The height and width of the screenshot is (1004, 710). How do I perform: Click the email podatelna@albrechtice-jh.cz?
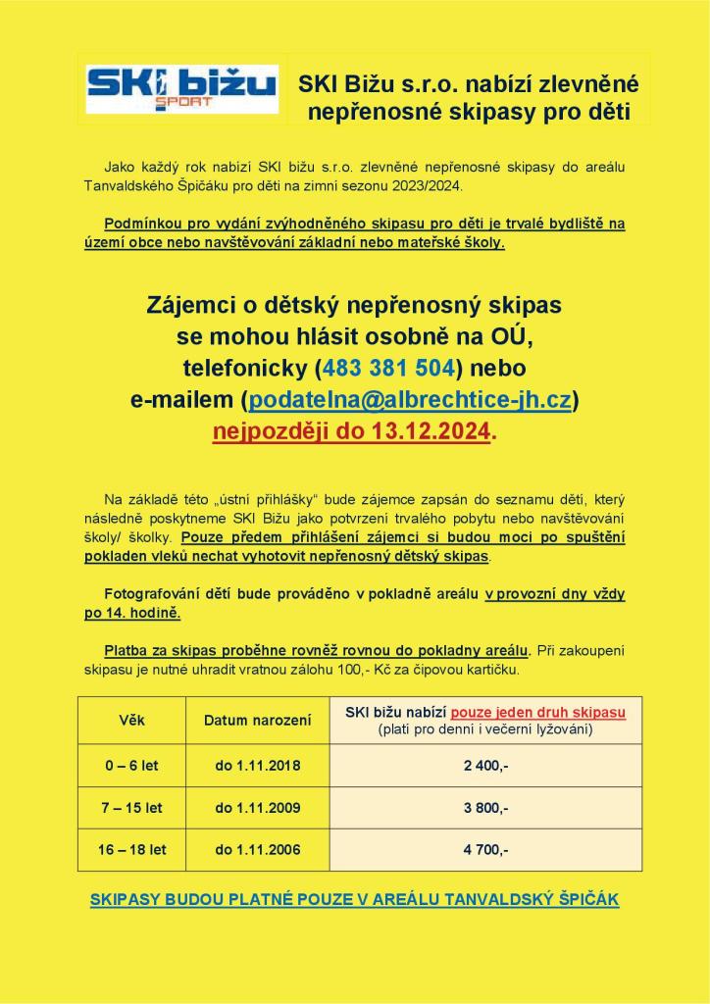[409, 400]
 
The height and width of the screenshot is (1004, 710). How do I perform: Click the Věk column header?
[131, 721]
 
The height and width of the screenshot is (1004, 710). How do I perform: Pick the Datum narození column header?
[257, 721]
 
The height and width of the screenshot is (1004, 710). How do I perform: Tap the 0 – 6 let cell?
[131, 766]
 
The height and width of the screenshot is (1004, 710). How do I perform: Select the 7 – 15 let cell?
[131, 808]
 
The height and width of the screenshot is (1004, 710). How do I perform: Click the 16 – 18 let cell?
[131, 849]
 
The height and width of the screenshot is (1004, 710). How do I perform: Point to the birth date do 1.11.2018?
[257, 766]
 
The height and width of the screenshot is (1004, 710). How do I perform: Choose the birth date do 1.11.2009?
[257, 808]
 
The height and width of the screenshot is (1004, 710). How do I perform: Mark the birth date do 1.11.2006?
[257, 849]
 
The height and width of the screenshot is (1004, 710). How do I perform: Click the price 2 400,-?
[485, 766]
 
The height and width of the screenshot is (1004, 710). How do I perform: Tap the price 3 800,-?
[485, 808]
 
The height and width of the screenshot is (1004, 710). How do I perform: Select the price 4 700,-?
[485, 849]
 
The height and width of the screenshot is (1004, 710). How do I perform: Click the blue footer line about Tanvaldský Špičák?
[354, 900]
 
